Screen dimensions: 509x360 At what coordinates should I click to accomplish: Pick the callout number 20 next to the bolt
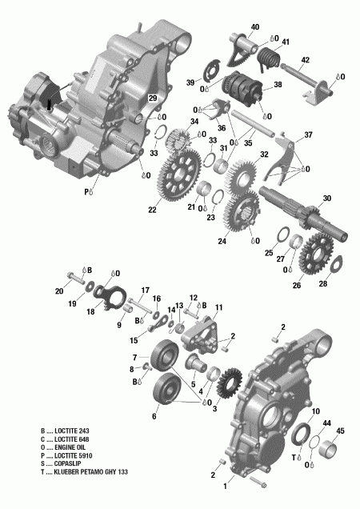click(x=60, y=291)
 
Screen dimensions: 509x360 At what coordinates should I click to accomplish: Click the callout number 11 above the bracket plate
click(x=218, y=307)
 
